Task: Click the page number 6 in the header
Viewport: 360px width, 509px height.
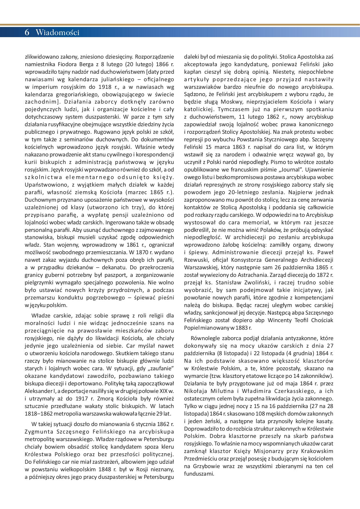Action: click(27, 33)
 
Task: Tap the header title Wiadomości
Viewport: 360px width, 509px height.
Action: click(57, 33)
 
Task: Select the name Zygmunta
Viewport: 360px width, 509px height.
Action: click(38, 432)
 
